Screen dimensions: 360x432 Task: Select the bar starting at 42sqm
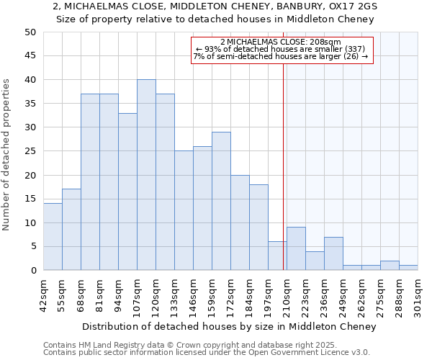53,237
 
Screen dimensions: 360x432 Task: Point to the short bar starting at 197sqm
277,256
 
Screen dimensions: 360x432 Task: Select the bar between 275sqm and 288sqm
390,265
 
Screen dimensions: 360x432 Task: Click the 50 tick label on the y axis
30,32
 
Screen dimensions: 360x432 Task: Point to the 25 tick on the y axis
30,151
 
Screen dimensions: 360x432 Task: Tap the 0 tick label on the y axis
33,271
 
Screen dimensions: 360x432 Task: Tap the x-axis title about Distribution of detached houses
229,326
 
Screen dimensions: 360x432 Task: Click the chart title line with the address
215,6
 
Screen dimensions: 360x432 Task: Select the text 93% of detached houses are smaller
280,49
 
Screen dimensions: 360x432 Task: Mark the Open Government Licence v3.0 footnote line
207,352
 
